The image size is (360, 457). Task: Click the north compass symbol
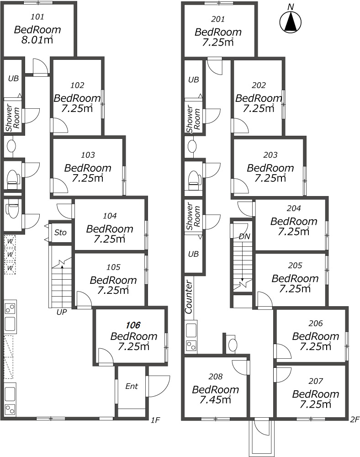pos(290,22)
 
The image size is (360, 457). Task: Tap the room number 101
pos(37,17)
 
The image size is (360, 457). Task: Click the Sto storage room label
pos(60,233)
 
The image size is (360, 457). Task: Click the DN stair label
pos(244,236)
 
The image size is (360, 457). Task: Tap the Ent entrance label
pos(132,387)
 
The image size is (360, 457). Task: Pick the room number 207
pos(315,381)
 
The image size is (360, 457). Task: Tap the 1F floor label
pos(155,419)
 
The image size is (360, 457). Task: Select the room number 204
pos(294,208)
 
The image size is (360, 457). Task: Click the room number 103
pos(87,155)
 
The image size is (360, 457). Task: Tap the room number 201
pos(218,20)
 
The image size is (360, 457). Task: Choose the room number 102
pos(77,85)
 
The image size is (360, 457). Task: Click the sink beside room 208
pos(232,345)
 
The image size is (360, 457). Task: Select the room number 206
pos(315,324)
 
